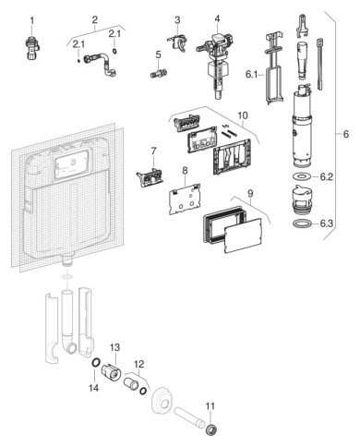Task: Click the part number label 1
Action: (x=32, y=21)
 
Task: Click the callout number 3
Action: (x=177, y=20)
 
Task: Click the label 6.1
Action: (x=251, y=74)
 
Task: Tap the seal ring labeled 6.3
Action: (x=300, y=223)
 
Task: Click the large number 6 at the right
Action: (x=346, y=134)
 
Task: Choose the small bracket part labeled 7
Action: (x=150, y=177)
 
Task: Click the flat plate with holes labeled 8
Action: (x=184, y=199)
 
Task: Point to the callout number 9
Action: (x=250, y=194)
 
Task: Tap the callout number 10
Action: (x=243, y=115)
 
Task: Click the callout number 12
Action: (x=138, y=364)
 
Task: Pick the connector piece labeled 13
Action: (x=111, y=371)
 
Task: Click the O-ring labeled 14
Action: (x=96, y=363)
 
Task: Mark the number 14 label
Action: (x=94, y=388)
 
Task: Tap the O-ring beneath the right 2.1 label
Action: (x=114, y=51)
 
